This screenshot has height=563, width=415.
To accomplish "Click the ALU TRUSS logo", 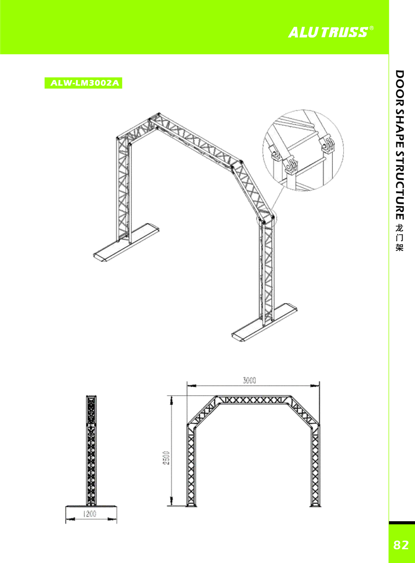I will coord(328,32).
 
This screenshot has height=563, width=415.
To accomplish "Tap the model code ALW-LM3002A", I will coord(83,83).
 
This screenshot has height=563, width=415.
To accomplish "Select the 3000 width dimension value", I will coord(249,380).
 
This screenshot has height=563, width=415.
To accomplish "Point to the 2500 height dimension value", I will coord(166,457).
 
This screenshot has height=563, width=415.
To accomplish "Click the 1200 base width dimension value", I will coord(90,514).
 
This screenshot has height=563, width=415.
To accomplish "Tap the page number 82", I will coord(401,545).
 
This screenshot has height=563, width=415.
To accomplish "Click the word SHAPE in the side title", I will coord(399,128).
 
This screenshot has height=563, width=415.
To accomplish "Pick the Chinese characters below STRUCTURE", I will coord(399,238).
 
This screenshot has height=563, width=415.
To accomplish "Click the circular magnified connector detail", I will coord(303,150).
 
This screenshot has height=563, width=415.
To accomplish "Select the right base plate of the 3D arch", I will coord(264,322).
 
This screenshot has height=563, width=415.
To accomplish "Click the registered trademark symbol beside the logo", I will coord(371,28).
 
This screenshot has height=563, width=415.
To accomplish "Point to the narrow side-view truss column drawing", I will coord(91,450).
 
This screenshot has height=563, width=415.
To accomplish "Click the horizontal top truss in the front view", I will coord(253,400).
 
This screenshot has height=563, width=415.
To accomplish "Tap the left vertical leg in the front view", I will coord(191,465).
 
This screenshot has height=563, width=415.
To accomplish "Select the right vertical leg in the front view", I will coord(315,465).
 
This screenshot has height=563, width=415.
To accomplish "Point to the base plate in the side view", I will coord(91,506).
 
